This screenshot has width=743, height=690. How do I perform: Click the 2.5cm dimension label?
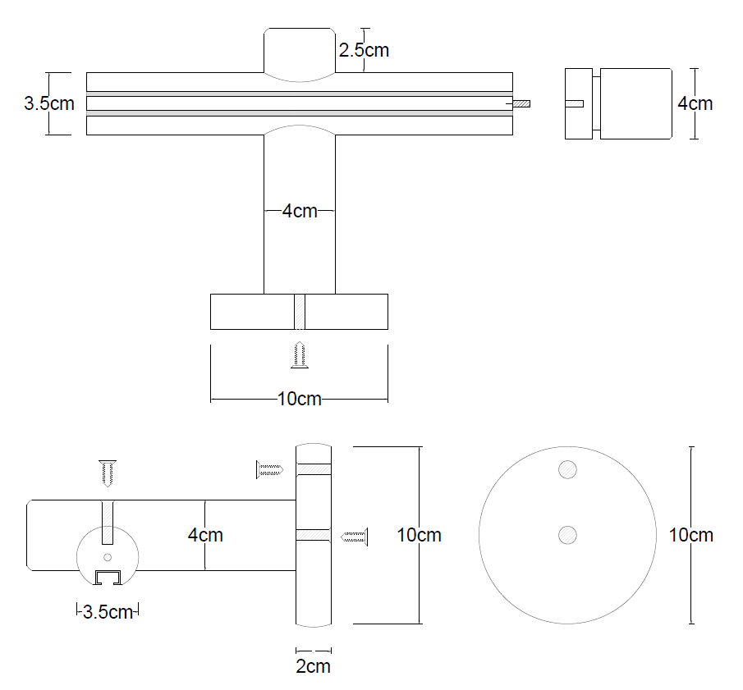[x=364, y=50]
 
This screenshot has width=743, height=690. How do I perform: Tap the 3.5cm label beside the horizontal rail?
[x=49, y=104]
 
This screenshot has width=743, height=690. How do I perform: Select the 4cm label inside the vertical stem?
[x=300, y=211]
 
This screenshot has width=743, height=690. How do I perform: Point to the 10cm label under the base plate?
[x=300, y=400]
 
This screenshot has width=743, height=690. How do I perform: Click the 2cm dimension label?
[x=313, y=666]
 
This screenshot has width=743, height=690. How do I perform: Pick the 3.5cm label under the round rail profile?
[x=108, y=611]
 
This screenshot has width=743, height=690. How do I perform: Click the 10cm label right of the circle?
[x=691, y=535]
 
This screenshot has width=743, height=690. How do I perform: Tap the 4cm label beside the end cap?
[x=695, y=103]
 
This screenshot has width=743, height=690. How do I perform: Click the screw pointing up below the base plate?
[x=300, y=355]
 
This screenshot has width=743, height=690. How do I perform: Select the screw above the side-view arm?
[x=108, y=473]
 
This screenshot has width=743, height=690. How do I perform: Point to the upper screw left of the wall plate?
[x=270, y=470]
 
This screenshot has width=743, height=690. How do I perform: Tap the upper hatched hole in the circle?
[x=566, y=470]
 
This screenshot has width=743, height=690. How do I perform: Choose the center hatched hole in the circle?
[x=566, y=535]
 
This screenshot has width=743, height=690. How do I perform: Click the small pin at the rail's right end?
[x=521, y=104]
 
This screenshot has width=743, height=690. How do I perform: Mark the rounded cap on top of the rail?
[x=300, y=54]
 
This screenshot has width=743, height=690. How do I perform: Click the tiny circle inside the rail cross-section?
[x=108, y=558]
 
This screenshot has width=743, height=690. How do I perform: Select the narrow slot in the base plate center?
[x=300, y=312]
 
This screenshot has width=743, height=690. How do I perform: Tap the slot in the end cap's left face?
[x=575, y=104]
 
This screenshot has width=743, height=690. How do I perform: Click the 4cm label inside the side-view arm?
[x=205, y=535]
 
